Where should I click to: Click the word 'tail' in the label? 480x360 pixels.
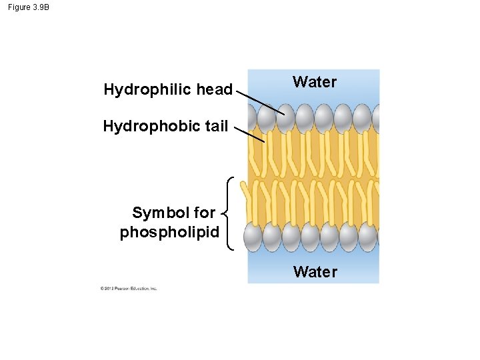tap(215, 126)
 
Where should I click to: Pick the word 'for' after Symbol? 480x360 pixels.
tap(203, 213)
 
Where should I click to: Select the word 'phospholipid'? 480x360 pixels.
tap(169, 233)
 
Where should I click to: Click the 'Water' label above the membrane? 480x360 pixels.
tap(315, 82)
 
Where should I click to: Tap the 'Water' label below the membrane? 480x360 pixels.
tap(315, 271)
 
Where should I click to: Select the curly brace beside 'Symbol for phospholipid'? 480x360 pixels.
tap(228, 213)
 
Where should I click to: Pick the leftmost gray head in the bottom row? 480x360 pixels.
tap(253, 236)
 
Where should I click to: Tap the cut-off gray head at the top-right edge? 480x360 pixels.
tap(376, 119)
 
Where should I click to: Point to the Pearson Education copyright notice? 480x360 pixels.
tap(129, 289)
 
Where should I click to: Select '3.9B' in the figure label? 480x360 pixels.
tap(40, 7)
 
